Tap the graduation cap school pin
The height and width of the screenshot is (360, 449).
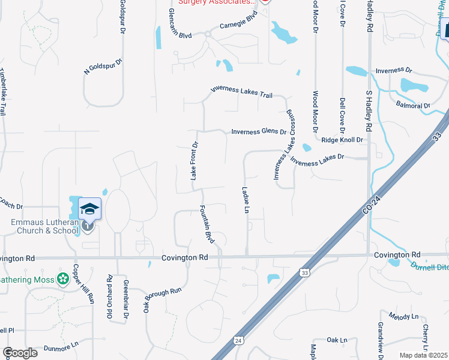tap(89, 209)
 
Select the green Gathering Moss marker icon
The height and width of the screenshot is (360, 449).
tap(62, 279)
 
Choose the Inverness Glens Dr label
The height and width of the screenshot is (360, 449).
tap(259, 131)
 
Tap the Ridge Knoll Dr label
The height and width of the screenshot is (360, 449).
tap(343, 140)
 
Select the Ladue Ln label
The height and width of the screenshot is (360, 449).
tap(246, 200)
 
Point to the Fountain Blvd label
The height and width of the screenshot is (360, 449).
tap(207, 224)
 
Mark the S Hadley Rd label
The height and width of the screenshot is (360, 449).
tap(370, 111)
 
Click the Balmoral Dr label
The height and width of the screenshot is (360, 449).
tap(414, 106)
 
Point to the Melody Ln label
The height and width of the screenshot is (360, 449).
tap(403, 316)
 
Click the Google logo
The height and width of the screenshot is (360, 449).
tap(20, 352)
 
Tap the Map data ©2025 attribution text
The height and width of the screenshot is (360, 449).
tap(424, 355)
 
